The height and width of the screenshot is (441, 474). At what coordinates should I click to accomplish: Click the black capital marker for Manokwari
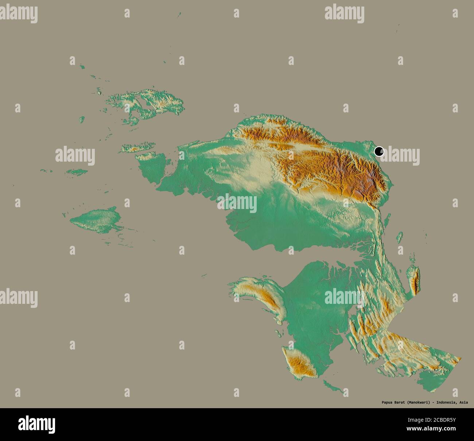click(x=379, y=151)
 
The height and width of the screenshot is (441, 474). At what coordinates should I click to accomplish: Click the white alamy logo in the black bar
click(x=36, y=424)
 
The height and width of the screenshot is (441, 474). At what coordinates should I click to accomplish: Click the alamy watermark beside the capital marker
click(x=401, y=157)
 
